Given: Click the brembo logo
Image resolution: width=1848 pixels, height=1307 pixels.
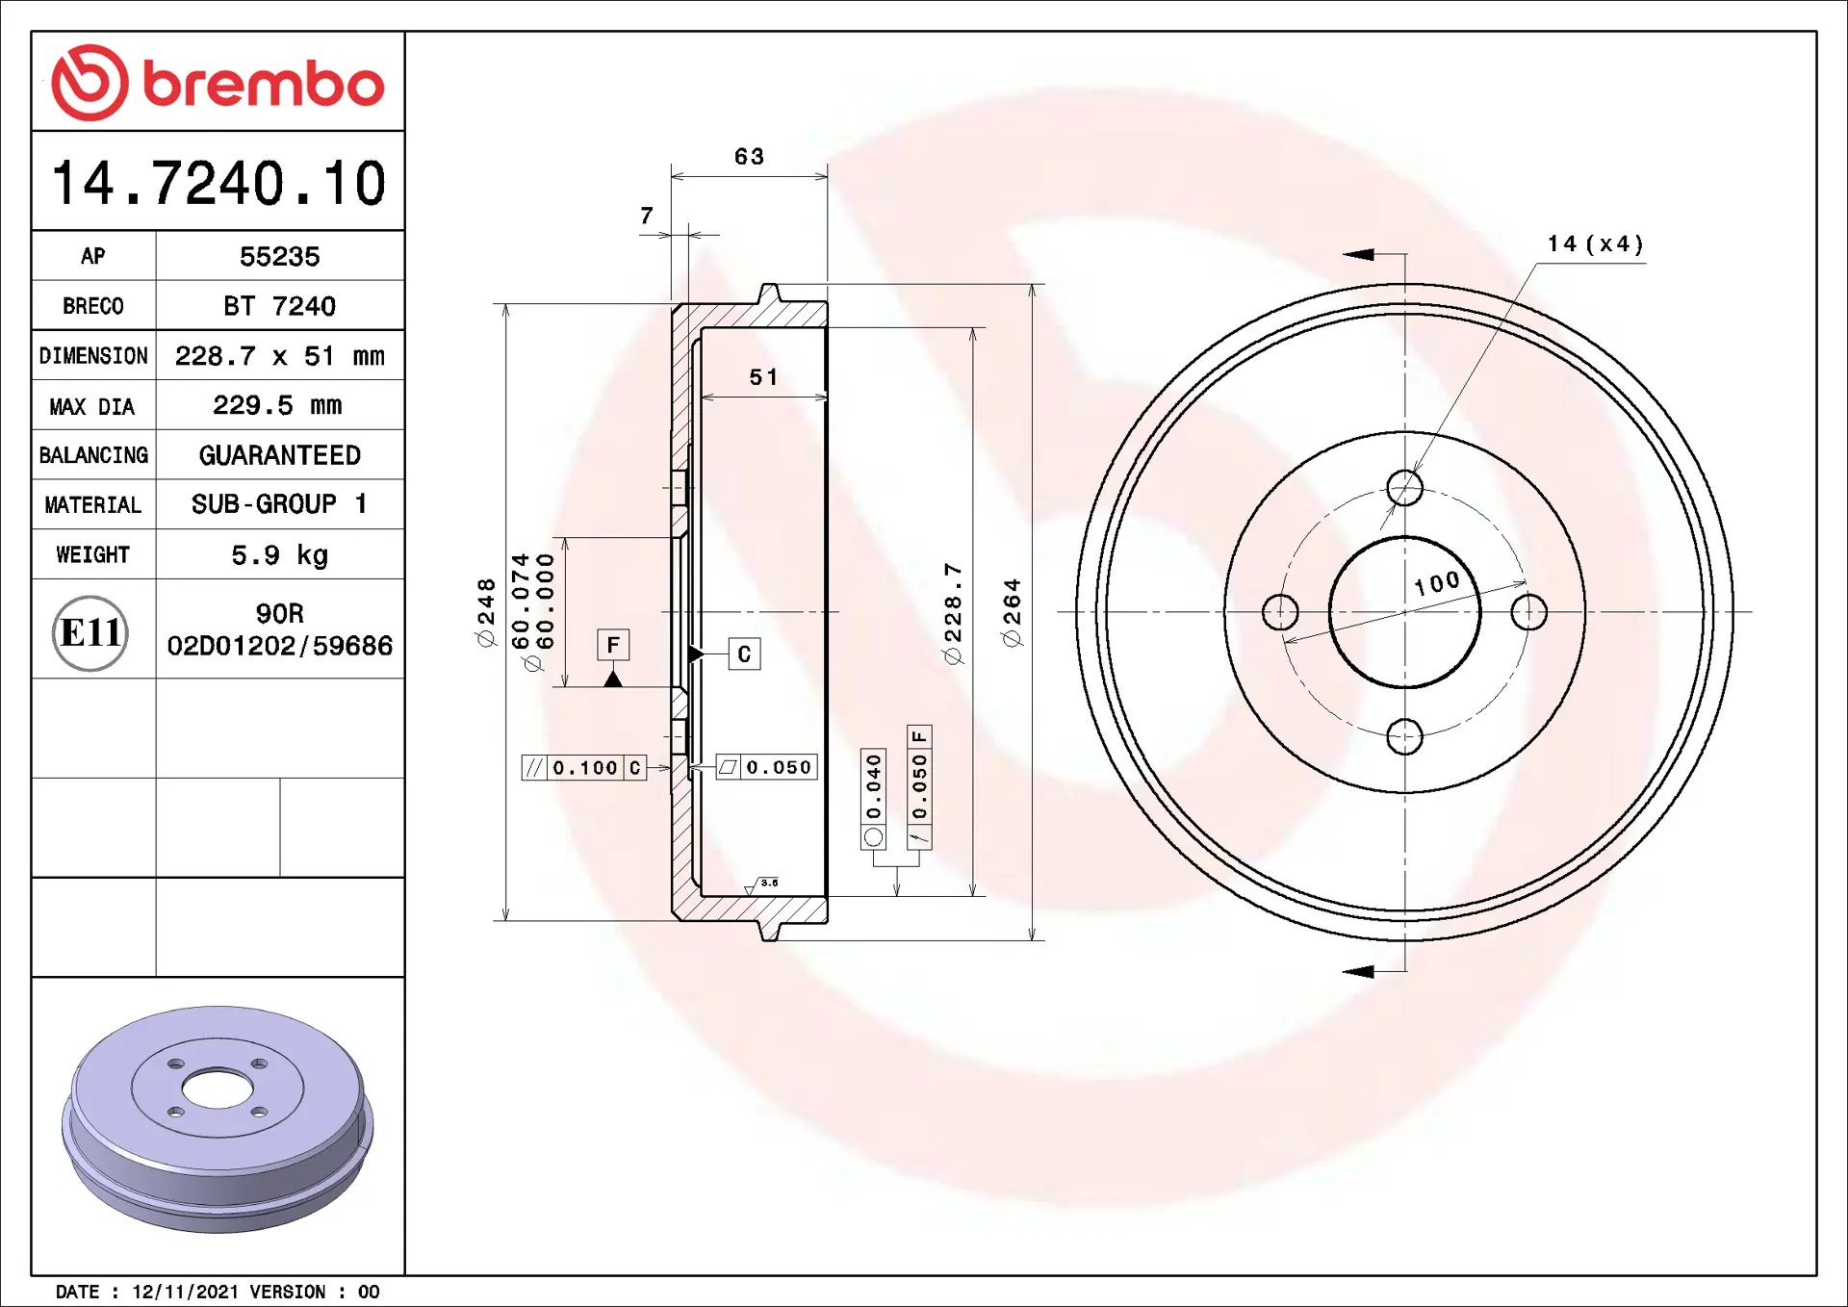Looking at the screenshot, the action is click(x=218, y=83).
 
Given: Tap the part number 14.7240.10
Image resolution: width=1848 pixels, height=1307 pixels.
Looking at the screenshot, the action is click(x=218, y=183).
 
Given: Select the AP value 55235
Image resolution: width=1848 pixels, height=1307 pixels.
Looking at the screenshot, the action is click(x=279, y=256).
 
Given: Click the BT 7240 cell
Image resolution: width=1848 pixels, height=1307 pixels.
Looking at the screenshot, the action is click(x=279, y=306).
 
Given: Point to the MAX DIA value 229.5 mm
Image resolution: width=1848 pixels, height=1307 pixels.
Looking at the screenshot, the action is click(x=277, y=405).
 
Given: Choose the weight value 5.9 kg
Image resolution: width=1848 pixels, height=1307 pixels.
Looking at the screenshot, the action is click(x=279, y=555).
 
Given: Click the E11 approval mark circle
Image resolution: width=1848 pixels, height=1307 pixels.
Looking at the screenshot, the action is click(x=90, y=632).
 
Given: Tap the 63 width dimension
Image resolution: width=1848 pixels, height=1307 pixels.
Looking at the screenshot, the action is click(x=749, y=156).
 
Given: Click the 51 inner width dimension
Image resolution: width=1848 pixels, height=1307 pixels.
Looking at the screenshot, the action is click(x=763, y=377).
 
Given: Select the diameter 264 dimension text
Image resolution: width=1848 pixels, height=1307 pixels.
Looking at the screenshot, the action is click(x=1012, y=612).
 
